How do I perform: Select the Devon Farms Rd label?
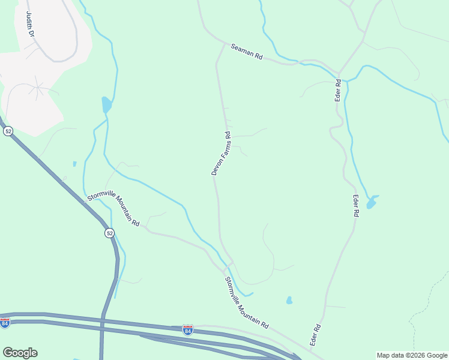pos(220,154)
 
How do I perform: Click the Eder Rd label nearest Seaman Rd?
pos(338,89)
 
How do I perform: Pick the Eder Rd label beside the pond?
pos(355,205)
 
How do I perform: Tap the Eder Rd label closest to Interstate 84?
pos(316,334)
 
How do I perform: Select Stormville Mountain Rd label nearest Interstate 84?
pos(246,302)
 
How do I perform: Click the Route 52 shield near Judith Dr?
pos(8,131)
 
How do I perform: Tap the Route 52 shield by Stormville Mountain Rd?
pos(109,233)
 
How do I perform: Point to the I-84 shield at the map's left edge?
pos(5,323)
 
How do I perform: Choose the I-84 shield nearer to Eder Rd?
pos(188,329)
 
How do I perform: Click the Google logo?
pos(20,353)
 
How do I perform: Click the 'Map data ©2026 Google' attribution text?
pos(412,355)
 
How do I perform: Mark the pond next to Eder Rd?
pos(372,202)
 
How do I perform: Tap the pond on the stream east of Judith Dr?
pos(106,105)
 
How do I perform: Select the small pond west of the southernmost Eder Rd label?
pos(289,300)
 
